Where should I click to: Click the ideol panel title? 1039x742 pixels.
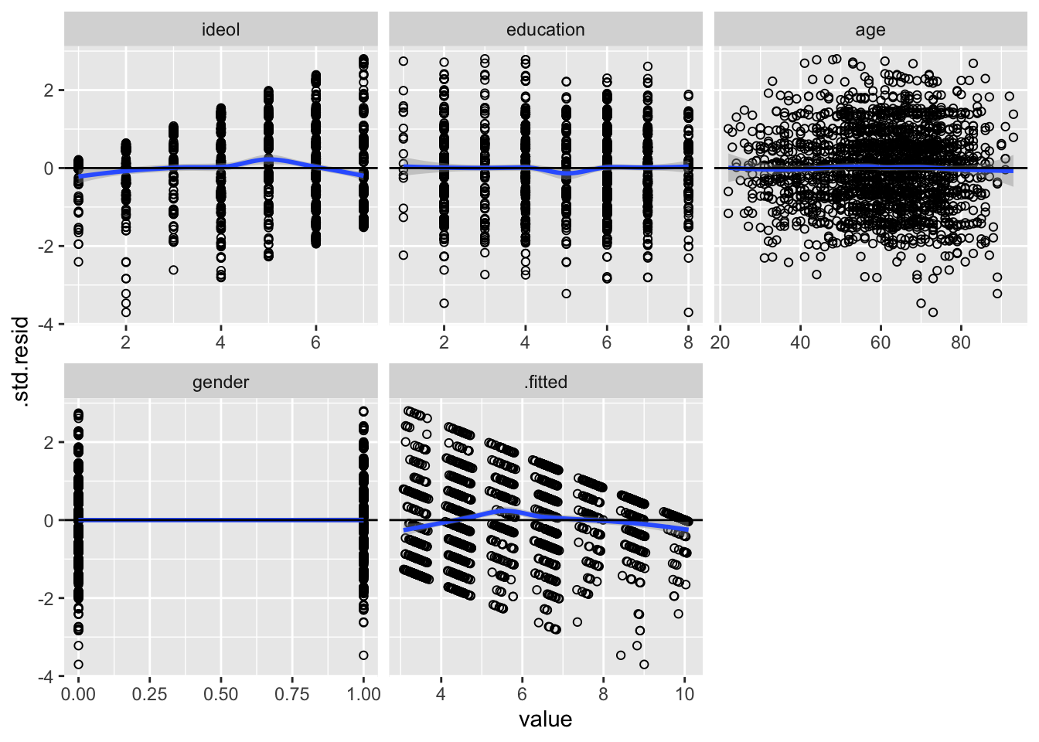(220, 30)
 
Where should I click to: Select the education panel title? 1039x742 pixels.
(545, 30)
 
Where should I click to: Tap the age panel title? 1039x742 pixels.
(870, 30)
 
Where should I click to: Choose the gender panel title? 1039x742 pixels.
(220, 382)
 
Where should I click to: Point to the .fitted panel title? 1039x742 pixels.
(545, 382)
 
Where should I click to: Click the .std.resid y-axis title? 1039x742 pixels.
(22, 362)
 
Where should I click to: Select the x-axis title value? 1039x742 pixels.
(545, 720)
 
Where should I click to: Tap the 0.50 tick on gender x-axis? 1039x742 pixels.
(220, 694)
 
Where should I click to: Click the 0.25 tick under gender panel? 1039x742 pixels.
(149, 694)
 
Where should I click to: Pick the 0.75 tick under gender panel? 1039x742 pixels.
(292, 694)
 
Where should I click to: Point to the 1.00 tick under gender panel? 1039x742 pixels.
(363, 694)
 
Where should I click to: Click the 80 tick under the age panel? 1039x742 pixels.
(961, 342)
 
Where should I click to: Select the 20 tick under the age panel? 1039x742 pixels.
(720, 342)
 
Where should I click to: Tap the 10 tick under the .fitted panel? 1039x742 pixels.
(684, 694)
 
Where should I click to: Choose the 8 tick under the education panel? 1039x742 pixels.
(688, 342)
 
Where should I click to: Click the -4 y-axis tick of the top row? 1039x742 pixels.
(48, 324)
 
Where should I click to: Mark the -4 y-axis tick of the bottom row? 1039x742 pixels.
(48, 676)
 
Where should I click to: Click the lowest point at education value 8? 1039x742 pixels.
(688, 312)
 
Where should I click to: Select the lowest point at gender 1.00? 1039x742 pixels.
(363, 655)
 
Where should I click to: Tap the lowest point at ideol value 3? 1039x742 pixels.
(173, 270)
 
